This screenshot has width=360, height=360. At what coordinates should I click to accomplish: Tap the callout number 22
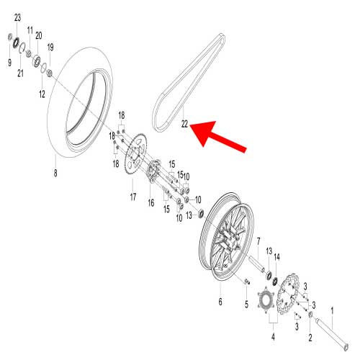[x=185, y=125]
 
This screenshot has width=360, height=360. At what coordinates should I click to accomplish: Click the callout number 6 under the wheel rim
[x=220, y=302]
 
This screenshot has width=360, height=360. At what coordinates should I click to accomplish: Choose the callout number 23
[x=17, y=17]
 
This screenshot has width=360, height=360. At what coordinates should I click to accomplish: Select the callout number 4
[x=273, y=336]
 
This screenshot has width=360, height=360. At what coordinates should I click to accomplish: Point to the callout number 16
[x=151, y=204]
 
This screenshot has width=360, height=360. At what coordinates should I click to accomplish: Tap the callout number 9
[x=9, y=63]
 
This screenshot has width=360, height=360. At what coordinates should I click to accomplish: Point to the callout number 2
[x=311, y=337]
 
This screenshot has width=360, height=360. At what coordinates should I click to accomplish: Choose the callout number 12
[x=42, y=94]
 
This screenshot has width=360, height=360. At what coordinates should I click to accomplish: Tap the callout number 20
[x=39, y=35]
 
